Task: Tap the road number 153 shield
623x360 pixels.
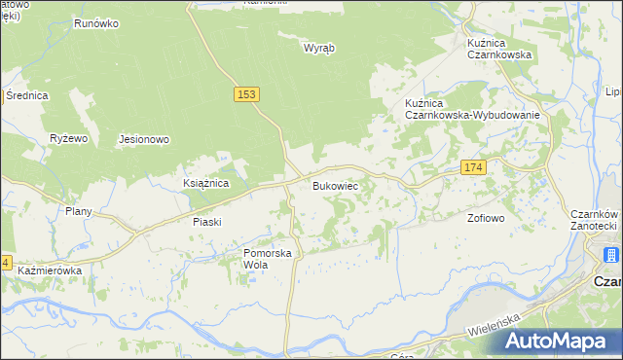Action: pos(246,93)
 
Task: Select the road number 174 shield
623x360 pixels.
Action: pos(473,168)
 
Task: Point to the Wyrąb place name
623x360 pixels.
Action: pos(318,48)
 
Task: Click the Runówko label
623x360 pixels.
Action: pos(95,21)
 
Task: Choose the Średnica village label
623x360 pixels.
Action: pos(26,95)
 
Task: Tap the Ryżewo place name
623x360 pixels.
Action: pos(69,138)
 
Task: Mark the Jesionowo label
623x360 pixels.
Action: pos(144,139)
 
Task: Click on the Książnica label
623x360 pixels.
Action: pos(205,182)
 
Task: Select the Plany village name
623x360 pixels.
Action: pos(78,211)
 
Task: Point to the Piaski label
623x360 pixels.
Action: pos(206,221)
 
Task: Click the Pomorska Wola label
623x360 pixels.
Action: pos(268,258)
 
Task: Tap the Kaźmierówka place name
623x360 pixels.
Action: pos(49,270)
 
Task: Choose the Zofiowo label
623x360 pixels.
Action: pos(486,218)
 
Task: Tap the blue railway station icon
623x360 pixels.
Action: pos(610,256)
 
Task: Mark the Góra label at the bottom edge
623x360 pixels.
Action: pos(408,356)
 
